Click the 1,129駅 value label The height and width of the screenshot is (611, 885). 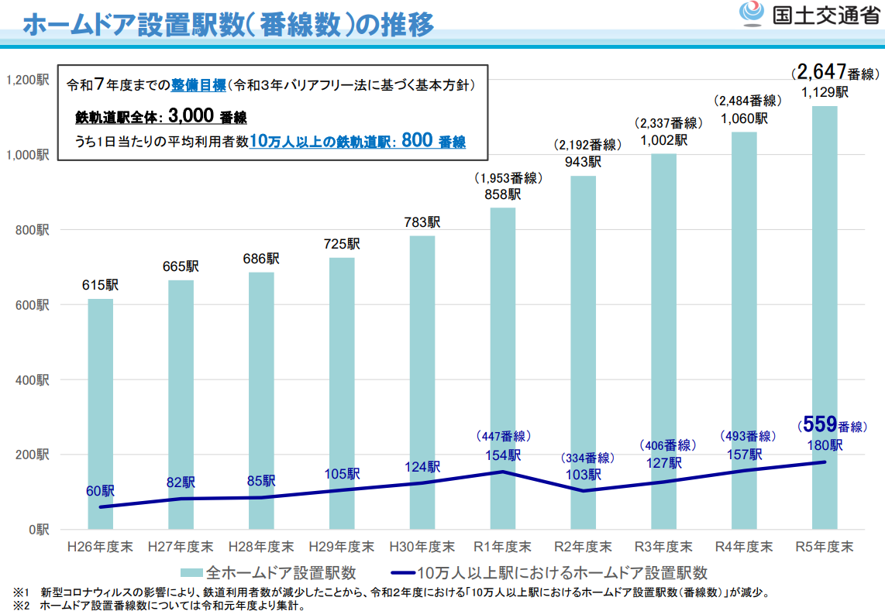click(825, 92)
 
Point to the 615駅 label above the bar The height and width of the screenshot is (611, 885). click(100, 285)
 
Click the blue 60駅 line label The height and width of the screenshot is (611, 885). click(100, 491)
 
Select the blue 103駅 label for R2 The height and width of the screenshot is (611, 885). click(583, 475)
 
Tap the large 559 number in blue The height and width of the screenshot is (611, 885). click(818, 424)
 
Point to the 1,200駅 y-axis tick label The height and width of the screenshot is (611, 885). click(27, 80)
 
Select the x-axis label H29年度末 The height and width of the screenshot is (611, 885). click(341, 547)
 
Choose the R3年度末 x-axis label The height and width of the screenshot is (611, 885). click(664, 547)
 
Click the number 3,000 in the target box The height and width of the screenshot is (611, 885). click(190, 116)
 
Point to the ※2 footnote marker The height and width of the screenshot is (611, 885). click(19, 605)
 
